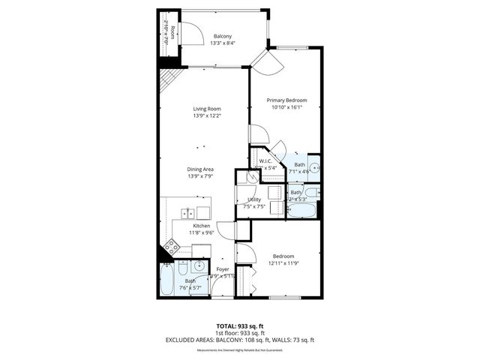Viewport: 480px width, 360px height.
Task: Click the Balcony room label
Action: click(x=222, y=36)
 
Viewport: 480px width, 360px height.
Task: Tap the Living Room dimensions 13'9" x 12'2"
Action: click(x=208, y=115)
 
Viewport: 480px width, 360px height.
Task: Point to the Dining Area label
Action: click(x=201, y=169)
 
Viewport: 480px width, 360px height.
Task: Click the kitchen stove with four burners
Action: click(x=172, y=245)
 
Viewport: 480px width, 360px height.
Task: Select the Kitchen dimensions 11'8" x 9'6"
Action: click(x=201, y=233)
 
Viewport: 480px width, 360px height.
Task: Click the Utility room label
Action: click(x=254, y=199)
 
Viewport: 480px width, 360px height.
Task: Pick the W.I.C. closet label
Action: click(x=265, y=161)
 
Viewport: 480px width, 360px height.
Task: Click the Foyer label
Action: click(x=223, y=268)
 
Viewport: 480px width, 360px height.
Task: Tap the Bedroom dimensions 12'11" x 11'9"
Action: click(x=283, y=263)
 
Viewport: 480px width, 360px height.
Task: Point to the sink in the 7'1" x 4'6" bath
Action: click(x=315, y=167)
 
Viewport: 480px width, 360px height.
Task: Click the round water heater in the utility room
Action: click(x=244, y=178)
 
